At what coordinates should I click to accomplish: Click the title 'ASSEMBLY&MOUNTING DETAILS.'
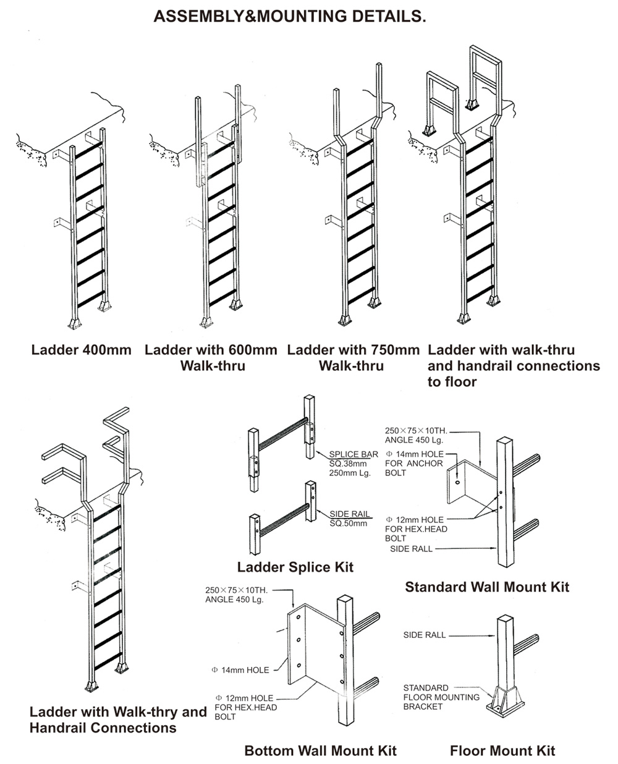pos(289,17)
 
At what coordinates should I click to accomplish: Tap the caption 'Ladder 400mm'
pos(82,350)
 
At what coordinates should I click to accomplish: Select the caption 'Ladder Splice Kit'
pos(295,567)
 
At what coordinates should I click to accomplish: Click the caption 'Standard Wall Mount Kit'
pos(487,587)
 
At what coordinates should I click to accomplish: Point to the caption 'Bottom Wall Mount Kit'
pos(320,751)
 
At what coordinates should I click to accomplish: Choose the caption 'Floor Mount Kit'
pos(502,751)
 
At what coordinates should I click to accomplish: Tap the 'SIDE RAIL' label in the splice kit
pos(350,514)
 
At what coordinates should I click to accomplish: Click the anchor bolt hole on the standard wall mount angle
pos(456,482)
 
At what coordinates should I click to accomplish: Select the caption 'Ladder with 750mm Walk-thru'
pos(353,358)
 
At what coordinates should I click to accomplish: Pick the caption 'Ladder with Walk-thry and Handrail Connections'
pos(117,719)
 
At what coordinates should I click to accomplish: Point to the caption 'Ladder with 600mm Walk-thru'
pos(211,358)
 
